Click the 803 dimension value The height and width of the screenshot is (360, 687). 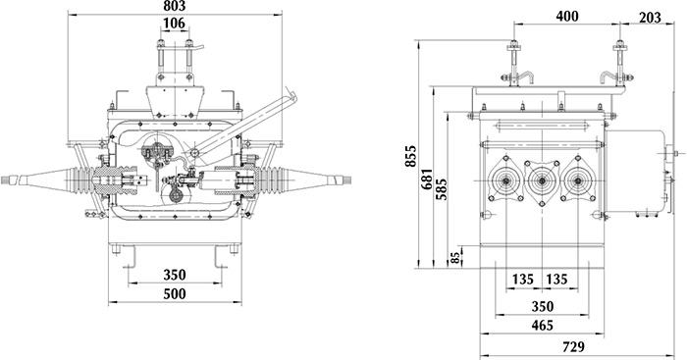(x=175, y=6)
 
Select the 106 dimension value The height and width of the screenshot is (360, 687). (x=175, y=23)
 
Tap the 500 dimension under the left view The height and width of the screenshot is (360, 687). (x=175, y=294)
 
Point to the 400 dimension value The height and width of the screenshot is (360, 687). (x=567, y=17)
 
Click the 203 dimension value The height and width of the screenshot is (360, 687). (x=650, y=18)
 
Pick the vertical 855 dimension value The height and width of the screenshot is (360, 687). (x=411, y=156)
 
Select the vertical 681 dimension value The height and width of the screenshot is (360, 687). (x=427, y=179)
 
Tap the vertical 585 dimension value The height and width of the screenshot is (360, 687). (x=442, y=189)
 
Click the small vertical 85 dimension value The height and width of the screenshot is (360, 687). (x=455, y=257)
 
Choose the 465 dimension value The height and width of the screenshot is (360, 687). (x=543, y=326)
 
